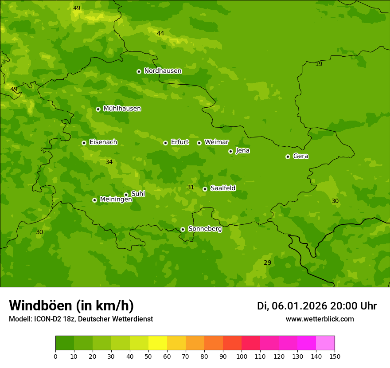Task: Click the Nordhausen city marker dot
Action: (139, 71)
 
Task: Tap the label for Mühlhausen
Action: (122, 109)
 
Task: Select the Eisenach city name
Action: (103, 142)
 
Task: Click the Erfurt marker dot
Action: (165, 143)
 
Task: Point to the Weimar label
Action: (216, 142)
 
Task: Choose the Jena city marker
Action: (230, 151)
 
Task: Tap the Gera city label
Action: (300, 156)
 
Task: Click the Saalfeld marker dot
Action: (205, 189)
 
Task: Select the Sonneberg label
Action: (205, 229)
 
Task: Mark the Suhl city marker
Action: (126, 195)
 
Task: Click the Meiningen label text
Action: (116, 200)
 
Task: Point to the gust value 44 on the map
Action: (160, 33)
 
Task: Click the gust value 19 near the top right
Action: (319, 64)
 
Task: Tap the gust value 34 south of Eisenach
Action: (109, 162)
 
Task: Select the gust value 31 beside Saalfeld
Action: (191, 188)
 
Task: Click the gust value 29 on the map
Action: (267, 262)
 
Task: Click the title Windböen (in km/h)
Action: (71, 305)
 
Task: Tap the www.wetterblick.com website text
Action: (320, 319)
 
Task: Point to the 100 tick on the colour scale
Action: (242, 356)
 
